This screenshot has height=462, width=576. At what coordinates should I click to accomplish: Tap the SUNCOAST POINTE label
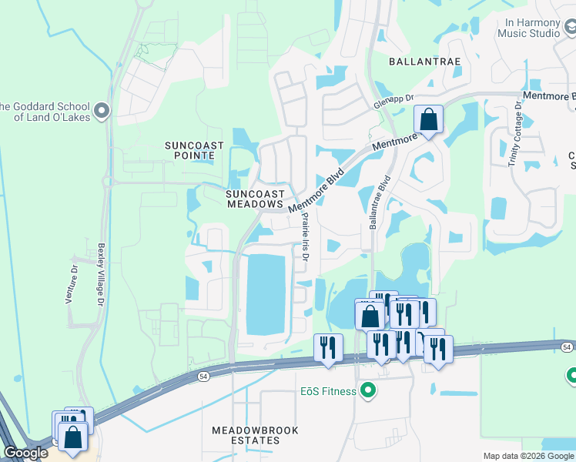click(195, 150)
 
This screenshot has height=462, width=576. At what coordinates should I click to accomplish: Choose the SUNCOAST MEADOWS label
click(256, 199)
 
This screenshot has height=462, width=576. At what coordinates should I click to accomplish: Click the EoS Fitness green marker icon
click(368, 391)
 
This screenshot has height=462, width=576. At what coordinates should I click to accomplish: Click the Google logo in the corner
click(25, 453)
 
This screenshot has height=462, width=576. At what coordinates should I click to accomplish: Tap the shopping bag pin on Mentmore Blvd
click(427, 121)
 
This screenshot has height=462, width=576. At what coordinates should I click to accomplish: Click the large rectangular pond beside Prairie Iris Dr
click(265, 293)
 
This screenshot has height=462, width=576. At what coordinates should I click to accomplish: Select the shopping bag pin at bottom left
click(73, 437)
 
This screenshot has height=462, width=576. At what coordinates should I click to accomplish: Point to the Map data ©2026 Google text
click(528, 456)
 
